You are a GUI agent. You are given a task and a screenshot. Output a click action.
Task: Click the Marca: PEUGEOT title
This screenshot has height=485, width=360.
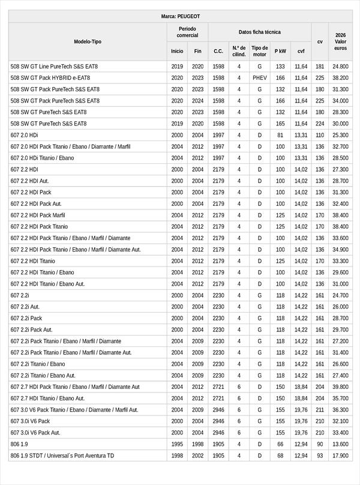click(180, 16)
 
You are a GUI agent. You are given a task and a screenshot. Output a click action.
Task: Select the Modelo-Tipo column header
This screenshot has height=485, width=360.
click(88, 41)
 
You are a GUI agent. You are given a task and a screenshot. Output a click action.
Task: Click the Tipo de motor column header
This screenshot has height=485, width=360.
click(260, 51)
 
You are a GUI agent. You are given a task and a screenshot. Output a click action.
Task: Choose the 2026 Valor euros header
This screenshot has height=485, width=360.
click(341, 41)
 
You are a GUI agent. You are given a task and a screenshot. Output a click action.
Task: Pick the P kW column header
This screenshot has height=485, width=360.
click(280, 51)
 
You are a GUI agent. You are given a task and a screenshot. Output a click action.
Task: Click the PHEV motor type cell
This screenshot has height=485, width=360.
click(260, 78)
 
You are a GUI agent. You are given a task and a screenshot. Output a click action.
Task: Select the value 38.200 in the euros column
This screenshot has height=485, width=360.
click(341, 78)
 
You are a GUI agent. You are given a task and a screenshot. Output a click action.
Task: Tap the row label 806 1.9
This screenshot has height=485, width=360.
click(19, 444)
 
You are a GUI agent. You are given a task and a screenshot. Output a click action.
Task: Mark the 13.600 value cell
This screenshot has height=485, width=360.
click(341, 444)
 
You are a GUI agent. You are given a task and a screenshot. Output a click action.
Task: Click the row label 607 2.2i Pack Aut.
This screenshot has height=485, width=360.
click(31, 330)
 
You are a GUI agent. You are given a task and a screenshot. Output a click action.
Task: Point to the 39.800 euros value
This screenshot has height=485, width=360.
click(341, 387)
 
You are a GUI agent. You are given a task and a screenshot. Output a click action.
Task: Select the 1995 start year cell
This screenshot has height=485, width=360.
click(177, 444)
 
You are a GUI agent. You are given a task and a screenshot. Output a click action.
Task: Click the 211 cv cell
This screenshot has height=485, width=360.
click(320, 409)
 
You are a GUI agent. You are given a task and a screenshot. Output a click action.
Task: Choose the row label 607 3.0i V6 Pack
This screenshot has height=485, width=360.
click(30, 421)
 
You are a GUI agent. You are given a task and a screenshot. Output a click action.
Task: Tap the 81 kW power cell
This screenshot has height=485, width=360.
click(280, 135)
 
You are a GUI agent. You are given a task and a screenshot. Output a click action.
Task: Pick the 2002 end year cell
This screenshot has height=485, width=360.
click(198, 456)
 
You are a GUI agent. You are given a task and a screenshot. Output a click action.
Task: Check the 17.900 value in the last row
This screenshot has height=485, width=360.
click(341, 456)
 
